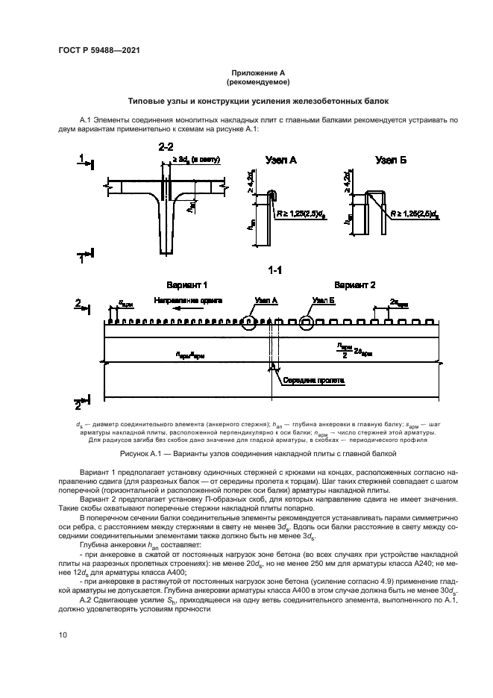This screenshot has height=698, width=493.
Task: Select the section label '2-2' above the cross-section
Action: coord(166,146)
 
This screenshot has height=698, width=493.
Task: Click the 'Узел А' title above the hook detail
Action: coord(281,160)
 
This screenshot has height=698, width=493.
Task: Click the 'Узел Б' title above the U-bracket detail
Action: coord(391,160)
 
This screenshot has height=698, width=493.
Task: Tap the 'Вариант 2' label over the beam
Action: coord(355,285)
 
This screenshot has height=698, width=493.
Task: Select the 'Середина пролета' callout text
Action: coord(313,379)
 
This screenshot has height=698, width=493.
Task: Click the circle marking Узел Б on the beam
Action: coord(307,322)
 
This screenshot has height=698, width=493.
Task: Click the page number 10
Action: coord(63,635)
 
